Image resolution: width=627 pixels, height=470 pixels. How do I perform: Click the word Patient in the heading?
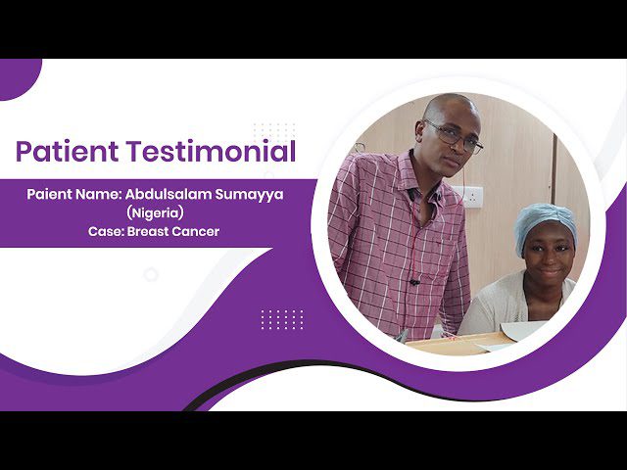68,151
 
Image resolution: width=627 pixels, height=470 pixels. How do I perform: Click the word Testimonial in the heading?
212,151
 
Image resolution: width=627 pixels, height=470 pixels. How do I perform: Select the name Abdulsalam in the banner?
168,194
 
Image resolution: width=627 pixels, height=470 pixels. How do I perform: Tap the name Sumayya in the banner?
250,196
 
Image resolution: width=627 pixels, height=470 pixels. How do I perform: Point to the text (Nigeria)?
155,213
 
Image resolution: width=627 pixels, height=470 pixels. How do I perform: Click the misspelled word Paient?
49,194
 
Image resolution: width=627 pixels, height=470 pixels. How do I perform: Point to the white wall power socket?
472,197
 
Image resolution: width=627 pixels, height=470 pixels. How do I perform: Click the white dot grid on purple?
282,320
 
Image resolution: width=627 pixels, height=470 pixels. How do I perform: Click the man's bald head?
450,107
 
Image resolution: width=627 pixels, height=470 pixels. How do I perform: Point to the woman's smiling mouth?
550,272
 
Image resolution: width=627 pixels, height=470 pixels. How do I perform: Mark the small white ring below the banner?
151,274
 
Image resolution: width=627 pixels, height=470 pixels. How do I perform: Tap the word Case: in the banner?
106,232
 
